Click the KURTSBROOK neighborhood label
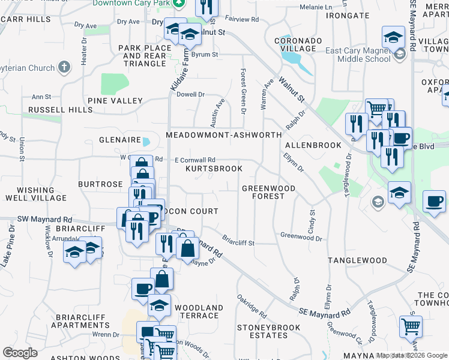tap(214, 169)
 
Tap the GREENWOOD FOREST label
tap(268, 192)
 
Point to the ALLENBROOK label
tap(313, 145)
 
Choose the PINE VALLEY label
tap(115, 101)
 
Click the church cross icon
tap(65, 68)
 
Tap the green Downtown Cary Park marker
tap(178, 4)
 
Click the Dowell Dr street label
tap(191, 94)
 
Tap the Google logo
tap(20, 352)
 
